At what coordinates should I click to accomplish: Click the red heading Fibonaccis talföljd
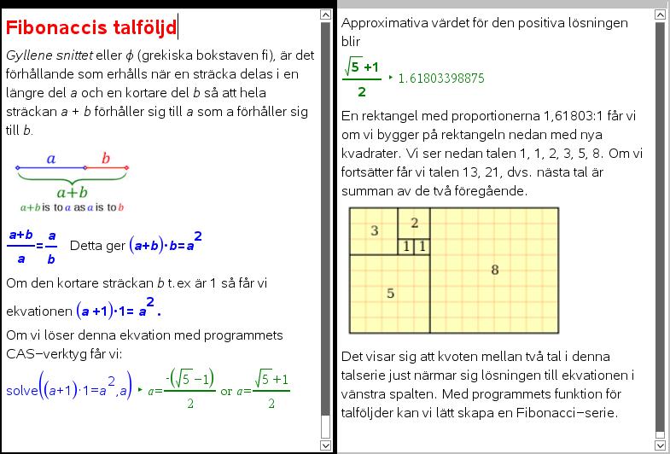coord(90,27)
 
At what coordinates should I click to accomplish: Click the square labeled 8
coord(494,271)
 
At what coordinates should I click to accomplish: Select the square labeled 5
coord(390,294)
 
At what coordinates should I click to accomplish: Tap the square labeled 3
coord(374,230)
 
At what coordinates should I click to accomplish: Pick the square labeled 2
coord(414,223)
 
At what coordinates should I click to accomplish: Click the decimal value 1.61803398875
coord(441,79)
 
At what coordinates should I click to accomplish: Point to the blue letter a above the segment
coord(51,158)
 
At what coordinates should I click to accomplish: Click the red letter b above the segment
coord(106,158)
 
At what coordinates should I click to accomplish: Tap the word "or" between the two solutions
coord(226,391)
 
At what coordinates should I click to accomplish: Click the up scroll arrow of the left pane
coord(325,15)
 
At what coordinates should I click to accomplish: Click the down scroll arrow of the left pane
coord(325,445)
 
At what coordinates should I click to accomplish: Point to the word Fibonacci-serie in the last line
coord(567,413)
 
